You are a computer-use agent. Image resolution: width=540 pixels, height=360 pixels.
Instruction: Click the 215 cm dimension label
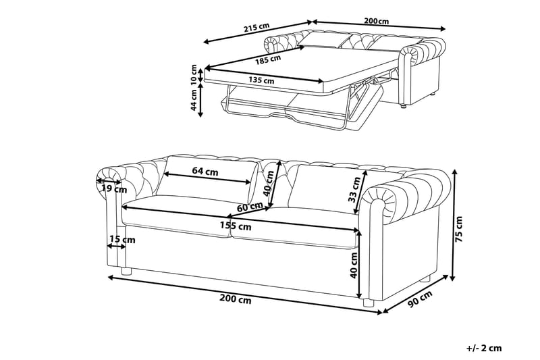tap(256, 27)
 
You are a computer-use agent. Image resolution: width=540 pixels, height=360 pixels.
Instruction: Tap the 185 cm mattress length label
tap(268, 60)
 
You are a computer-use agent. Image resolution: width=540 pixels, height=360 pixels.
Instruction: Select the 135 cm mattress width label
tap(262, 80)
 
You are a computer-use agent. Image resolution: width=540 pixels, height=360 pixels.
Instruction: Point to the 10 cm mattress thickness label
tap(194, 74)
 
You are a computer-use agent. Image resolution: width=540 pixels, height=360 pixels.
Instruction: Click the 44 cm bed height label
tap(194, 100)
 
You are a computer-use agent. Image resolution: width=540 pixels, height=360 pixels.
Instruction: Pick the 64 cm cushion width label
tap(205, 171)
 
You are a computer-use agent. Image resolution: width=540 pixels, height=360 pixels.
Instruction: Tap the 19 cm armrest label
tap(114, 189)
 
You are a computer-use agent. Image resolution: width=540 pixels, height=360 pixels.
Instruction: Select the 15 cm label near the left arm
tap(122, 239)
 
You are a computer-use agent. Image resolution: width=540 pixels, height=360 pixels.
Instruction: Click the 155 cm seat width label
tap(236, 226)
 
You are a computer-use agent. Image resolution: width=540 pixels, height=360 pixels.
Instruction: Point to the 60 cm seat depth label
tap(250, 207)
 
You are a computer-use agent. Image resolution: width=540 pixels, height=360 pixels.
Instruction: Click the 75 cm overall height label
tap(459, 229)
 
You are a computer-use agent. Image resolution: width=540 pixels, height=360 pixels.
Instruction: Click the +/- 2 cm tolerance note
tap(484, 349)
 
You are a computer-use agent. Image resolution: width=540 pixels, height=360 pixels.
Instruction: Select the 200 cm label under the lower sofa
tap(236, 300)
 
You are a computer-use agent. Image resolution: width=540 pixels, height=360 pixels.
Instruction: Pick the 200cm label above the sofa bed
tap(377, 21)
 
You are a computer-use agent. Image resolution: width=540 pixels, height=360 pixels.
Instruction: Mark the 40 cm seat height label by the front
tap(353, 265)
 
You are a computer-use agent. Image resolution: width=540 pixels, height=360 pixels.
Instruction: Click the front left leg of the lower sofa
tap(126, 271)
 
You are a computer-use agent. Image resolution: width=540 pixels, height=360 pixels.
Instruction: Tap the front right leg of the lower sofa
tap(369, 303)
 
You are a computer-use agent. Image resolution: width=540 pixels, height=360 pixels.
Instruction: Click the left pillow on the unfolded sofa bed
tap(322, 40)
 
